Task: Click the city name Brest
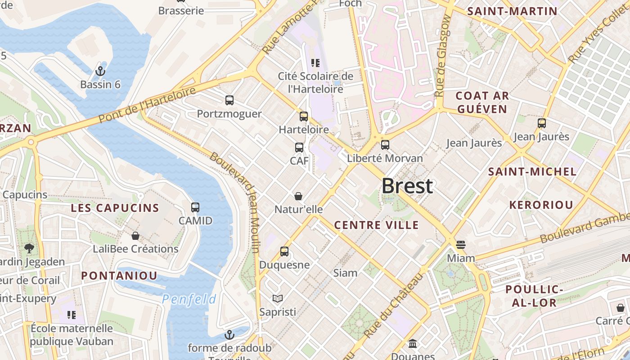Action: tap(407, 186)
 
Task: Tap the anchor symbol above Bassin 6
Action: tap(100, 71)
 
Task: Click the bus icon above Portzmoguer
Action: tap(229, 100)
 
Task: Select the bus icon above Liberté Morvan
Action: tap(385, 145)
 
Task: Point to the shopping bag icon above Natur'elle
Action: tap(298, 196)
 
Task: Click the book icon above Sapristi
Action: tap(278, 298)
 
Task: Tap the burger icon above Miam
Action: tap(460, 245)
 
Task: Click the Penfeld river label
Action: tap(189, 299)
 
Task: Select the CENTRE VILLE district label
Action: tap(376, 225)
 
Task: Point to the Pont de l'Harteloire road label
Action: tap(147, 105)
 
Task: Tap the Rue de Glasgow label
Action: tap(443, 56)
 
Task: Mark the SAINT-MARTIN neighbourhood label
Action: tap(512, 12)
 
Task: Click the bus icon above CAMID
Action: tap(195, 207)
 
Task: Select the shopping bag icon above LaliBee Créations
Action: tap(135, 236)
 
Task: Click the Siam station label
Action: tap(345, 273)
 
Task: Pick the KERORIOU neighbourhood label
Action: tap(541, 205)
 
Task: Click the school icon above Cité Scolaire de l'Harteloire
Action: tap(315, 63)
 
